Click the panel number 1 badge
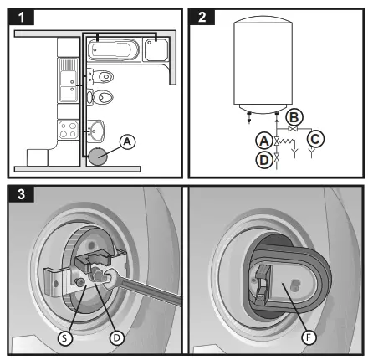click(21, 17)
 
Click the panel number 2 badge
click(202, 17)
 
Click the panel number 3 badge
click(21, 194)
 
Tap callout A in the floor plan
click(127, 141)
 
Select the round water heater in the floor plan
click(98, 157)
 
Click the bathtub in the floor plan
click(114, 50)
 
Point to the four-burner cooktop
click(68, 130)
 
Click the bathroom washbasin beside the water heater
click(95, 131)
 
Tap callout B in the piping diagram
click(294, 117)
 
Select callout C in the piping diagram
click(315, 139)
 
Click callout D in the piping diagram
click(264, 160)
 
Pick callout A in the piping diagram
click(264, 141)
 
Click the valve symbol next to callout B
click(293, 129)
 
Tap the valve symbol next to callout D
click(277, 158)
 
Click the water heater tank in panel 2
click(263, 65)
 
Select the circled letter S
click(65, 338)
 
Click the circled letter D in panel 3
click(116, 338)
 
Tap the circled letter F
click(309, 337)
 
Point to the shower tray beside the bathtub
click(156, 49)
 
